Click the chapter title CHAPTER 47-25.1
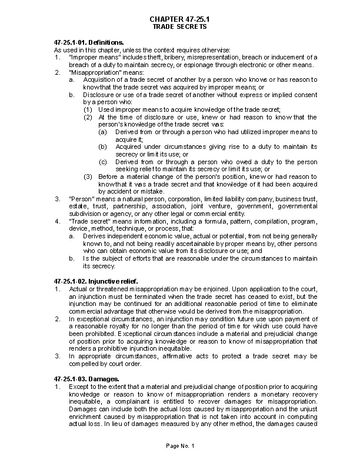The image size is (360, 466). [179, 20]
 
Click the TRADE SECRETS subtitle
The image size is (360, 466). [179, 28]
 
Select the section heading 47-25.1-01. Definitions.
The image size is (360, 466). [89, 43]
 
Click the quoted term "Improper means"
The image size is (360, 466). [88, 57]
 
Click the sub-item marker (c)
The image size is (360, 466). [103, 161]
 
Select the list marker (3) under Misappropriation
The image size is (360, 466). [88, 177]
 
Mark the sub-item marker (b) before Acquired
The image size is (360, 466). [103, 147]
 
